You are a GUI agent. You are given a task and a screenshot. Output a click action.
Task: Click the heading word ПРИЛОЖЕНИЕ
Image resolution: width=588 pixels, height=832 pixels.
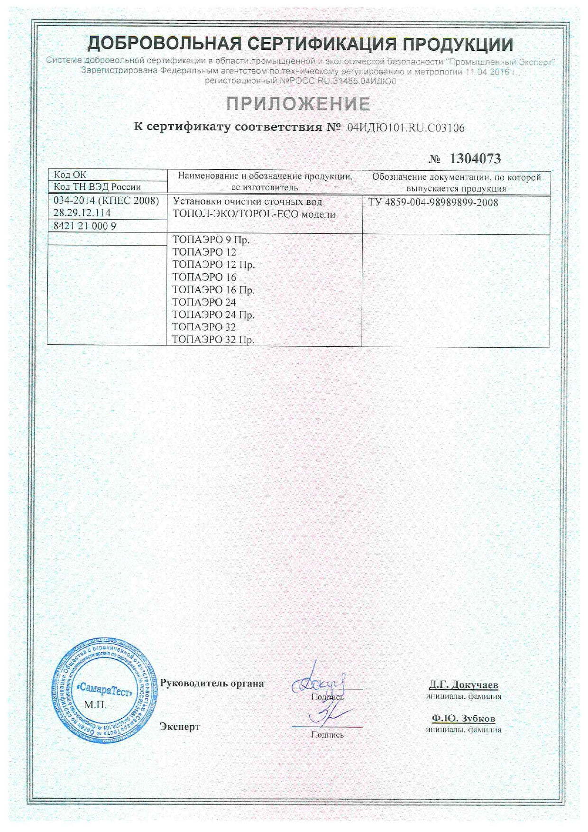coord(298,104)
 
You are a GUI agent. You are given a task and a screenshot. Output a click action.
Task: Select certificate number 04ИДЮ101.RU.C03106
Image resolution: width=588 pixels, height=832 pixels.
coord(406,128)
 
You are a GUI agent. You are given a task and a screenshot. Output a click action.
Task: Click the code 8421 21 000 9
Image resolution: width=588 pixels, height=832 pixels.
coord(85,226)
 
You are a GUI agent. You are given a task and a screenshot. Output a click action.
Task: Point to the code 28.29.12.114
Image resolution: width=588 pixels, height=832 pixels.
coord(82,213)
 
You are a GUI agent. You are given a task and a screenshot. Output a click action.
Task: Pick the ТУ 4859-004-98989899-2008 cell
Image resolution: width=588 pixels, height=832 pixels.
coord(433,203)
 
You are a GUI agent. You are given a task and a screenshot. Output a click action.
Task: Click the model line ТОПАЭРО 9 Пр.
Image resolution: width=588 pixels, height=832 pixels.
coord(211,240)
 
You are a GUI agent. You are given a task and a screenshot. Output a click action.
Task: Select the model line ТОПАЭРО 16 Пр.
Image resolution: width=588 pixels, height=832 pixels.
coord(213,290)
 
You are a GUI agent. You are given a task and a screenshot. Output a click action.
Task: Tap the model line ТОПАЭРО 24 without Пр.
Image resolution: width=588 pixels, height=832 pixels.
coord(204,302)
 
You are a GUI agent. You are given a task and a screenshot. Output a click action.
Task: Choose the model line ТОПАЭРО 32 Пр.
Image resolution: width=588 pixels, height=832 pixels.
coord(213,340)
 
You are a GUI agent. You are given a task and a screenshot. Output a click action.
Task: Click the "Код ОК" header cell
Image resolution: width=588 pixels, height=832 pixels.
coord(70,175)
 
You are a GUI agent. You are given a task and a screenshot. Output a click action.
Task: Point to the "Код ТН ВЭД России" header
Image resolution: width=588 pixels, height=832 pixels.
coord(97,187)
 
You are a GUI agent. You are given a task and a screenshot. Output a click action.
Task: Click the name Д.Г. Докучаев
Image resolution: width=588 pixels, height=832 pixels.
coord(463,684)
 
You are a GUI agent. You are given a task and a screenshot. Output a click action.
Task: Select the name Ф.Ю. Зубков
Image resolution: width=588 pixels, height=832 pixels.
coord(463,718)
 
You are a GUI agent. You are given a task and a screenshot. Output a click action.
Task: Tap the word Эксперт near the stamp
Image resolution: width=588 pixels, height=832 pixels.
coord(180,727)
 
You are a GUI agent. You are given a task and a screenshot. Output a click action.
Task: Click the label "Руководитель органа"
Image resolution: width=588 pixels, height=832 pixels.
coord(211,684)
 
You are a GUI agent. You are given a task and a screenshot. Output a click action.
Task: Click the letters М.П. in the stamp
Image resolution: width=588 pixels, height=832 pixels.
coord(95,705)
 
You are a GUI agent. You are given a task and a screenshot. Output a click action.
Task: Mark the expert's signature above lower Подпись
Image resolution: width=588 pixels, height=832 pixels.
coord(327,716)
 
